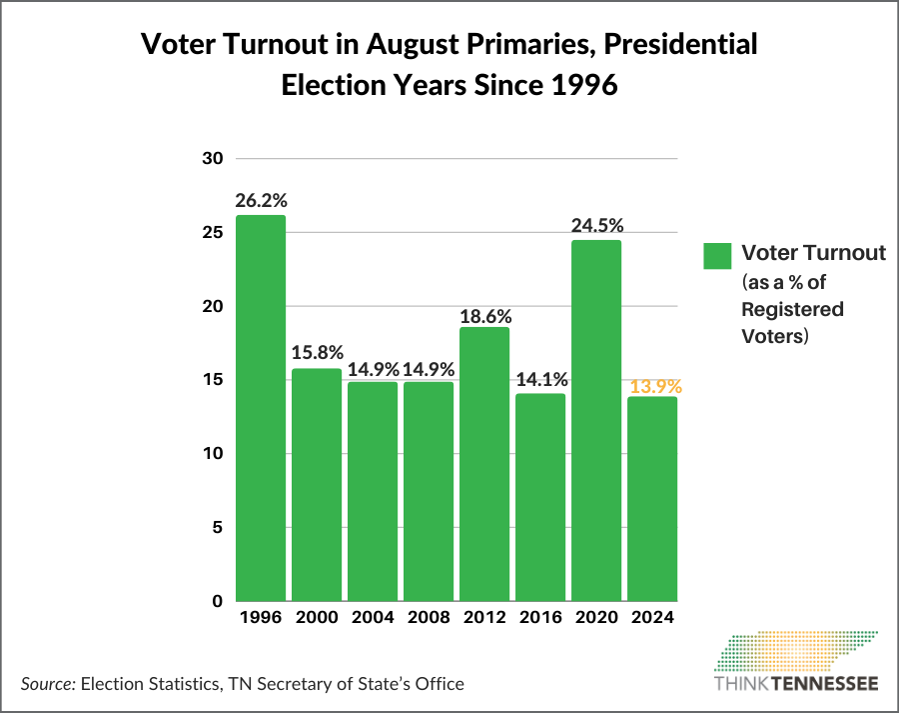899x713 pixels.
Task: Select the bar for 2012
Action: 484,464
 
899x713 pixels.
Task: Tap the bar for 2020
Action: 596,420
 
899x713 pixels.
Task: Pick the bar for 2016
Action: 540,497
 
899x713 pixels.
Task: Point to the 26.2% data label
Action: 260,200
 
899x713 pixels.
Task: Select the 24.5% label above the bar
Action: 596,225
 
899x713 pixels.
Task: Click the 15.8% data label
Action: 317,353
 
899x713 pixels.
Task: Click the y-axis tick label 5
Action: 216,527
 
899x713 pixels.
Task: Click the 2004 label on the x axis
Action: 373,617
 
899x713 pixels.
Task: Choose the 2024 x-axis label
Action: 653,617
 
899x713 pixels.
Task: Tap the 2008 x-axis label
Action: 429,617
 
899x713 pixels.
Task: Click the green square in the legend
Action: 717,255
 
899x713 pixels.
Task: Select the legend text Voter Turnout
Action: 813,252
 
